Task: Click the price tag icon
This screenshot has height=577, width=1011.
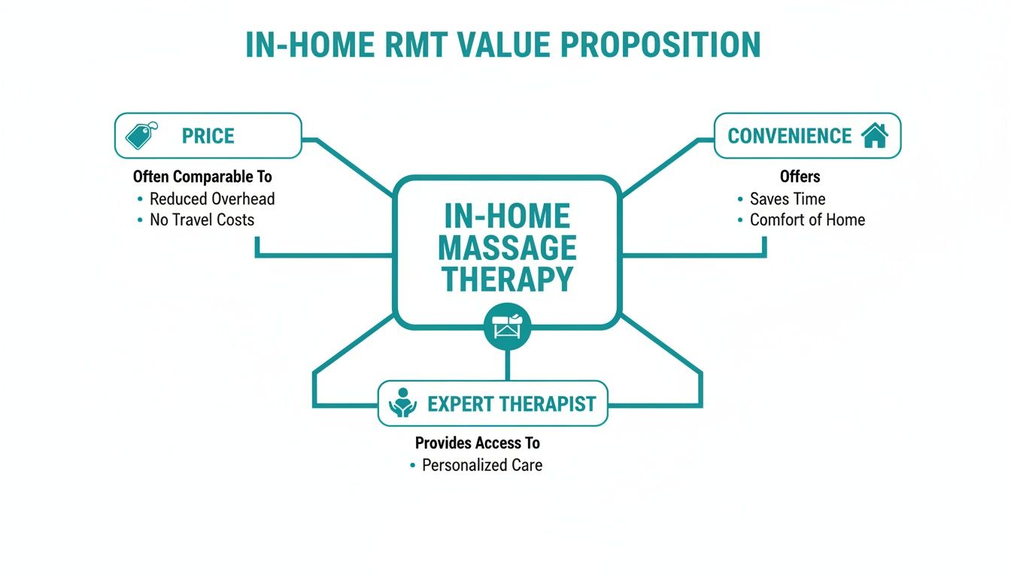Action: click(x=141, y=135)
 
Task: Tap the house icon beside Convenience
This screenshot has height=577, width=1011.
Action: click(x=874, y=135)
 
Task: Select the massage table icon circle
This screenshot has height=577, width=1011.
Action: click(x=508, y=327)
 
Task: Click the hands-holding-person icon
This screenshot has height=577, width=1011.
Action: click(x=402, y=403)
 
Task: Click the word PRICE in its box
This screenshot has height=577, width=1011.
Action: click(x=208, y=136)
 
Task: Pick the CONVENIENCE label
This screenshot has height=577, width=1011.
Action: click(x=790, y=136)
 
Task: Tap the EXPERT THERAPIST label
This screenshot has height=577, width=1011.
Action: click(x=512, y=404)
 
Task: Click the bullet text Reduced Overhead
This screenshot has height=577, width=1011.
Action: click(x=212, y=199)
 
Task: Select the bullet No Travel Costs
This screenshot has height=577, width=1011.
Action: click(x=202, y=220)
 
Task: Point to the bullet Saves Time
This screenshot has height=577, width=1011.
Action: click(x=788, y=199)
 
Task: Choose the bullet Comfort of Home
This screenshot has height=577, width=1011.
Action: click(x=807, y=220)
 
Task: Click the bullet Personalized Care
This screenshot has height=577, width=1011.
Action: click(x=481, y=465)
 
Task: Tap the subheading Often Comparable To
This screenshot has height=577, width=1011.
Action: click(x=202, y=177)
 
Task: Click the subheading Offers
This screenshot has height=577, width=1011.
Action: click(x=800, y=177)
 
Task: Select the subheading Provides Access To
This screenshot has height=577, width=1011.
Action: click(x=478, y=443)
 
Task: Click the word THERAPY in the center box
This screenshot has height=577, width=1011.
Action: click(x=507, y=279)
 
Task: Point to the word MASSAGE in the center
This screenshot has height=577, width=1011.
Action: click(x=507, y=248)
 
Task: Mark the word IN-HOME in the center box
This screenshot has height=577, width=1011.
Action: click(x=507, y=216)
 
